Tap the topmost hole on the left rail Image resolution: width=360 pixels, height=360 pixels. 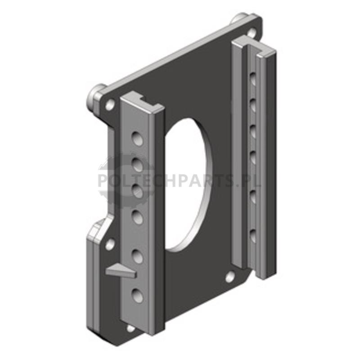tap(137, 139)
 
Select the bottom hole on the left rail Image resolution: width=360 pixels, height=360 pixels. tap(137, 295)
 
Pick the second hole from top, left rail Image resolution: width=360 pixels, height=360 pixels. tap(137, 165)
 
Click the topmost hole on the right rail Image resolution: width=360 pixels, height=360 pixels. tap(252, 79)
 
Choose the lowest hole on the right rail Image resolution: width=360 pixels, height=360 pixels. tap(252, 236)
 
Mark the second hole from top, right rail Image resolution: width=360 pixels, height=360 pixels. tap(252, 105)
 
